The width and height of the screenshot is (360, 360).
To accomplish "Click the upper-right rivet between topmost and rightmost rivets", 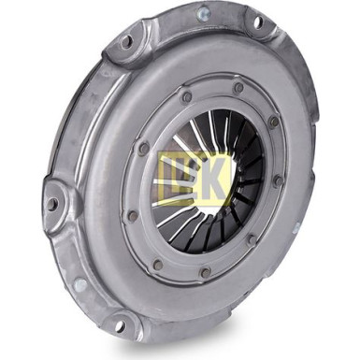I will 273,122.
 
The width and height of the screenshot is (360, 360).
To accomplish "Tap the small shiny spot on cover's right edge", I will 296,227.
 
